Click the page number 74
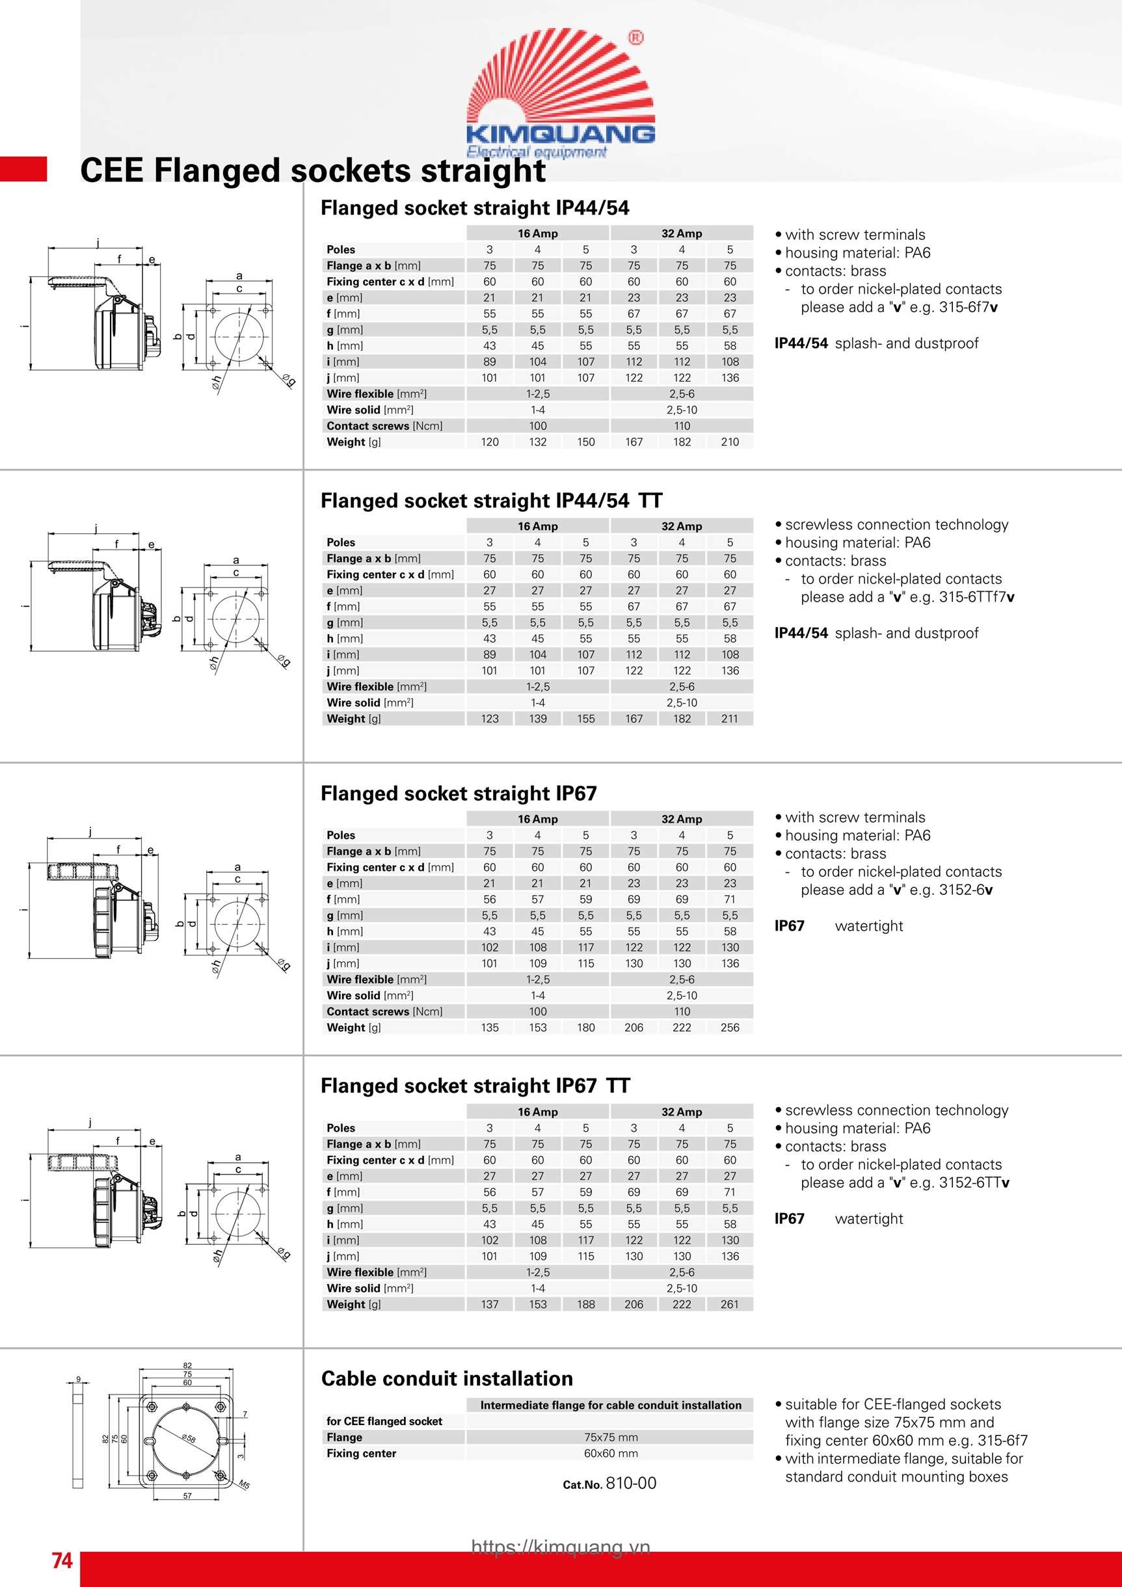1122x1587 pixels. [x=62, y=1560]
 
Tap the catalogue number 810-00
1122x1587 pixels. [x=630, y=1484]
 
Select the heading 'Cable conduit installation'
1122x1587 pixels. [x=447, y=1379]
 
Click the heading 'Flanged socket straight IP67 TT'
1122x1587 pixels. [x=475, y=1086]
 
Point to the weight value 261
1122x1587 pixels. [x=729, y=1304]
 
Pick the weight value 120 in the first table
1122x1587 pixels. [x=489, y=442]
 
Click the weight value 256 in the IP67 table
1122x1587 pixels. [x=729, y=1028]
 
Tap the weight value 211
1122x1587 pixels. [x=729, y=719]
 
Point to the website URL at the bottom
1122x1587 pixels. [x=561, y=1547]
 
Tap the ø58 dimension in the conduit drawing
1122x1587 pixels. [x=189, y=1439]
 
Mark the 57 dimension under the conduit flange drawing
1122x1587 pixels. [x=187, y=1496]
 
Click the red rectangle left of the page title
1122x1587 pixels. [x=23, y=169]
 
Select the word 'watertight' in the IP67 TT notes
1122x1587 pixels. [x=868, y=1219]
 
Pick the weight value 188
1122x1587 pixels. [x=585, y=1304]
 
